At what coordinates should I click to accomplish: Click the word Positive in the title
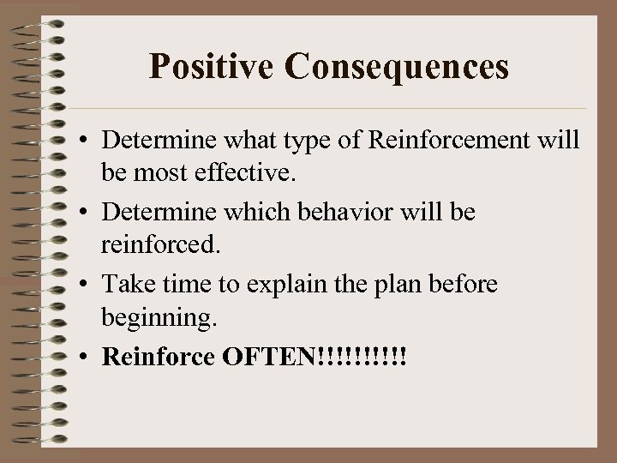click(202, 66)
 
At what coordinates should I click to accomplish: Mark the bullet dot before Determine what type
click(84, 140)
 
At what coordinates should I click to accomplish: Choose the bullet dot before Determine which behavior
click(84, 212)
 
